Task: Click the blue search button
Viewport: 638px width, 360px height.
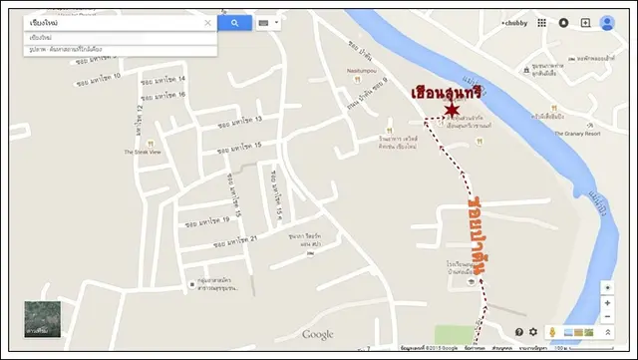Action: [x=234, y=22]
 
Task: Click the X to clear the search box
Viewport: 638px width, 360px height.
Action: [x=208, y=22]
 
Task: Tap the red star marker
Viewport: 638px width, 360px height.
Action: [x=452, y=109]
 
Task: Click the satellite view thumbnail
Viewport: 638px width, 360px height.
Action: [x=42, y=319]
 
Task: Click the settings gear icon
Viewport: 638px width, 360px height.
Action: [x=533, y=331]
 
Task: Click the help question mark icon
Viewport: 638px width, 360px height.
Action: [x=518, y=331]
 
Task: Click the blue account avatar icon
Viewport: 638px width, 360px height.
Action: [x=607, y=23]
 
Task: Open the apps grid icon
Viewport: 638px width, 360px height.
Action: [x=542, y=23]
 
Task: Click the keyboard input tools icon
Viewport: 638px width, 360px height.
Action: [x=264, y=22]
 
